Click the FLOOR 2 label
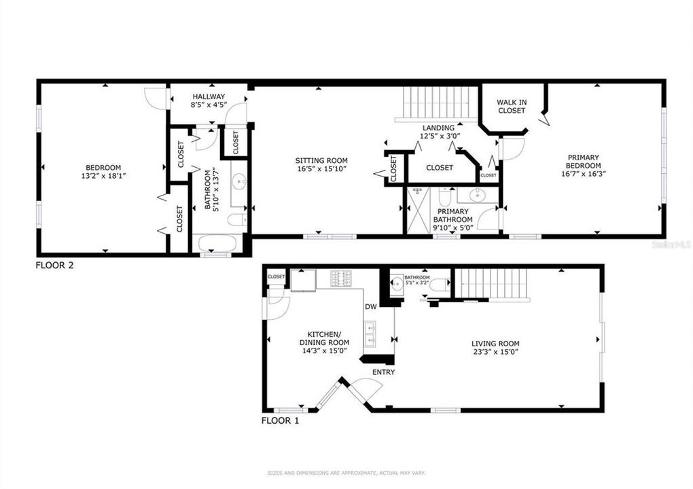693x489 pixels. (54, 265)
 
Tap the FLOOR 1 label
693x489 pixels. (280, 420)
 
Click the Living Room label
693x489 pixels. (495, 344)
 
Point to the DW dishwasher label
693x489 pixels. (370, 307)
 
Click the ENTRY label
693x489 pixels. (383, 372)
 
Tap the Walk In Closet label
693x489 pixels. (512, 106)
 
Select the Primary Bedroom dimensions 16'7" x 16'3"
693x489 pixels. (584, 173)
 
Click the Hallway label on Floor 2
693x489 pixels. (209, 97)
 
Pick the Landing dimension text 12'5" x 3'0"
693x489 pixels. (438, 136)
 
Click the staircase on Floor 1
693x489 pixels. (491, 283)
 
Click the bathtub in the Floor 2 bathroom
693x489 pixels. (214, 243)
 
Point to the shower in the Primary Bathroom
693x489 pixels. (417, 211)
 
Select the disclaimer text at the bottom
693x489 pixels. (346, 473)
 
